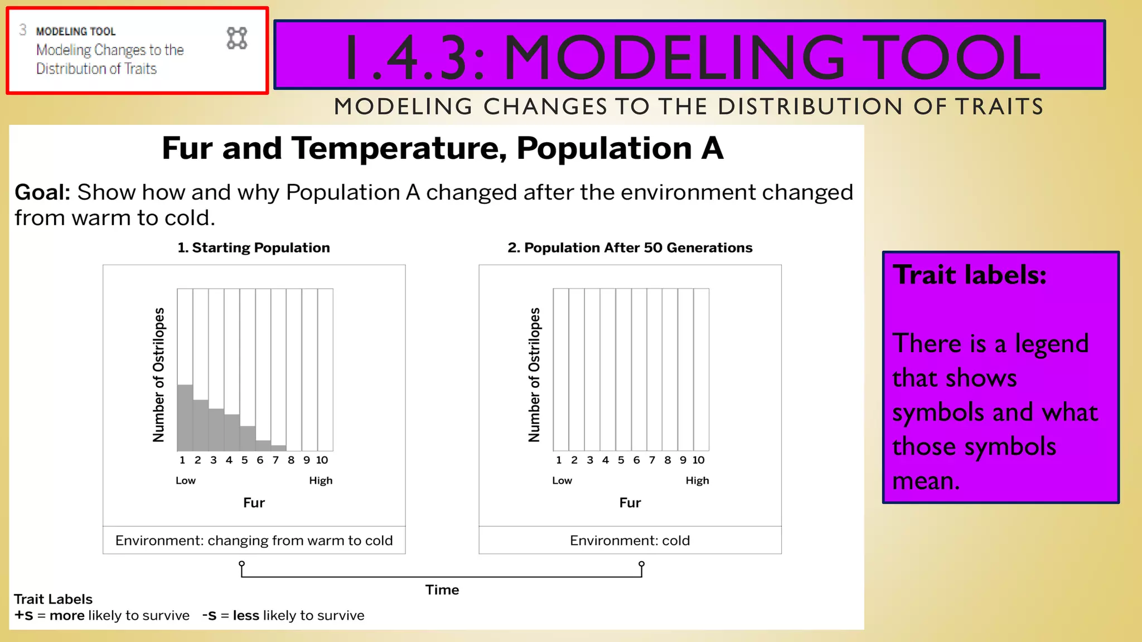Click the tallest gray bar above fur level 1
pos(185,417)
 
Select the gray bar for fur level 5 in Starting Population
pos(248,439)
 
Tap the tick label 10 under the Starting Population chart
pos(322,460)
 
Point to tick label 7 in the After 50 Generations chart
pos(652,460)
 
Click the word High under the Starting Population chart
pos(321,480)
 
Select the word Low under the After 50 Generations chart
pos(562,480)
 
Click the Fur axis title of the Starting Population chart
pos(254,503)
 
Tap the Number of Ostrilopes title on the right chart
pos(534,374)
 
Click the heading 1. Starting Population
pos(254,247)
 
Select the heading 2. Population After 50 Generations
pos(630,247)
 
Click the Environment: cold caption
pos(630,541)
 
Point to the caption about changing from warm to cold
pos(254,541)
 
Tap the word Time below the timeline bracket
pos(442,590)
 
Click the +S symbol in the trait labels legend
pos(24,615)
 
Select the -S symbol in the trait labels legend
pos(209,615)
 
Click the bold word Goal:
pos(42,192)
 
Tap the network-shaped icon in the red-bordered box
pos(237,38)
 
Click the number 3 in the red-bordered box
pos(23,30)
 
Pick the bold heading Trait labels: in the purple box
pos(970,275)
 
